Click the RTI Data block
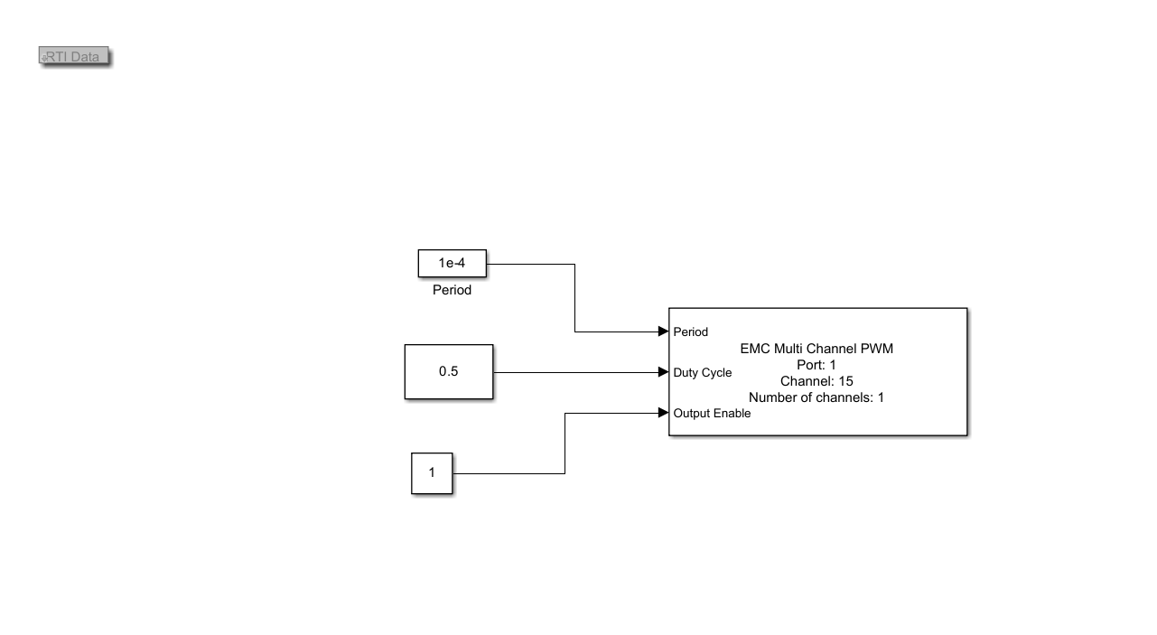pos(74,56)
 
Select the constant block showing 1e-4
pos(452,264)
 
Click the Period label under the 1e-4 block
pos(452,290)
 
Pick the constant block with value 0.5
pos(449,372)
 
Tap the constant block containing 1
pos(432,473)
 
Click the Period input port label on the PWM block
pos(691,332)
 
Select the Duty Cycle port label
pos(703,372)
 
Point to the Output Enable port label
pos(712,414)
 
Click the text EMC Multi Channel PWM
pos(816,349)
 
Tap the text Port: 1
pos(816,365)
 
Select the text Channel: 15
pos(816,381)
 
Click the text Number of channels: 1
pos(816,397)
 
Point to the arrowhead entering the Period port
pos(664,332)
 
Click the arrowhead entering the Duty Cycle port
pos(664,372)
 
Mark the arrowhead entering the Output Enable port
pos(664,412)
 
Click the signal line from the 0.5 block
pos(576,372)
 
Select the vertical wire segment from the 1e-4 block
pos(574,297)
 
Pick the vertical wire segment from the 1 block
pos(565,444)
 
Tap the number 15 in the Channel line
pos(845,381)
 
